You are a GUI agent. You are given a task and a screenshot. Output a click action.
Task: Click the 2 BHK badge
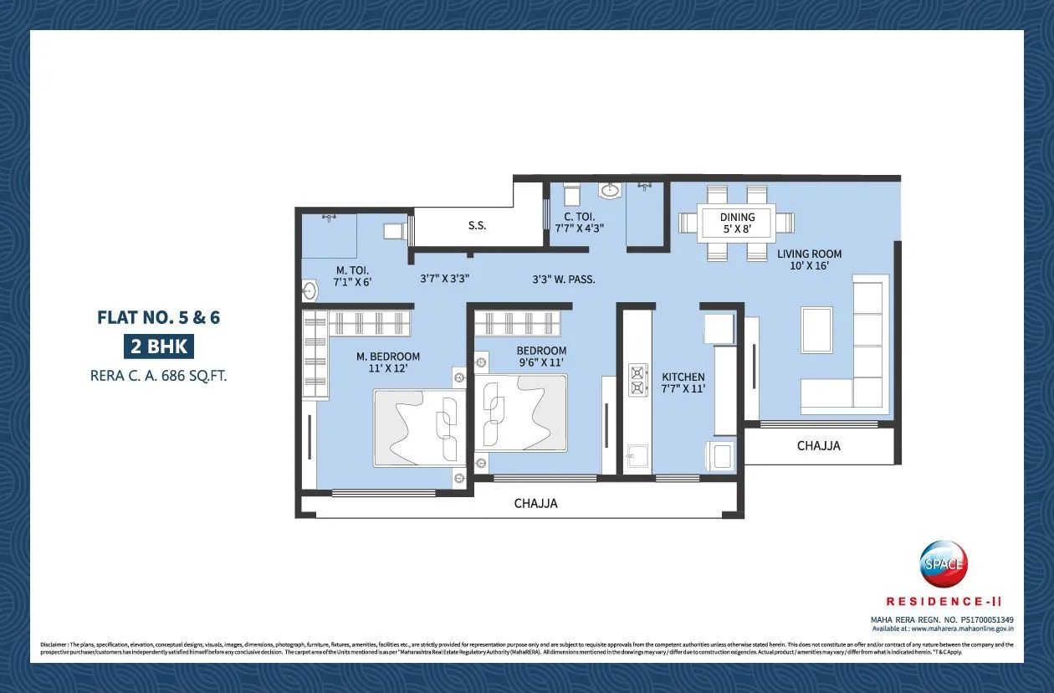[x=158, y=346]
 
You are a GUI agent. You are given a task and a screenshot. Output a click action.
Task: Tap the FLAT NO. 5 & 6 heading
[x=158, y=318]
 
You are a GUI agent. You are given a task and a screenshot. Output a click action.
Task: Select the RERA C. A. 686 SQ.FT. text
[x=158, y=376]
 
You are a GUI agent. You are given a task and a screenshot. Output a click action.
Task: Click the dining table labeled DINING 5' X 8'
[x=737, y=223]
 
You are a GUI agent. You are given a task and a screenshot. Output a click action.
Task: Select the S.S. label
[x=477, y=226]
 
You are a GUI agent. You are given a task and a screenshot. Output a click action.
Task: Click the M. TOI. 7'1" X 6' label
[x=353, y=275]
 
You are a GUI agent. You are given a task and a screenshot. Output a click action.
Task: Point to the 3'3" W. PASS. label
[x=564, y=280]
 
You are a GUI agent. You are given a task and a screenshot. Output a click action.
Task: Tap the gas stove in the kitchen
[x=638, y=379]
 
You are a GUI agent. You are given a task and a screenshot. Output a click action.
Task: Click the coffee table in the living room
[x=816, y=330]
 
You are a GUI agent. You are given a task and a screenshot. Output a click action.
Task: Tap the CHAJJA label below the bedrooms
[x=535, y=504]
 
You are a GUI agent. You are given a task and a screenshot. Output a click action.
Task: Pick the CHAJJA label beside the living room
[x=818, y=446]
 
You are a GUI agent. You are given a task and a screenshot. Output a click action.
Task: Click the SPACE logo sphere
[x=944, y=564]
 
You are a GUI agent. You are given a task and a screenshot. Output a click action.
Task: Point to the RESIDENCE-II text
[x=944, y=601]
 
